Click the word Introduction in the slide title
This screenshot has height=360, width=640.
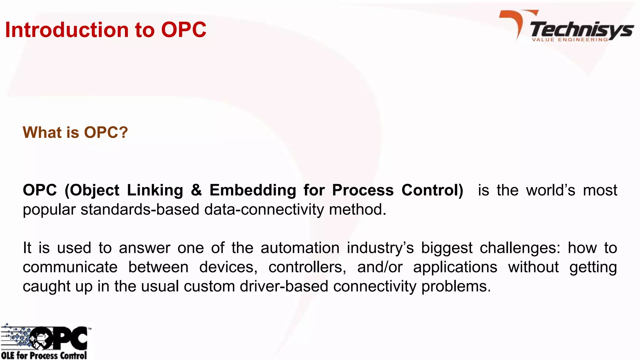(67, 30)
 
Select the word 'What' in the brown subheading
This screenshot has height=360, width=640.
(42, 132)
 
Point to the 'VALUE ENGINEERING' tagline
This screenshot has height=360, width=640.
(570, 40)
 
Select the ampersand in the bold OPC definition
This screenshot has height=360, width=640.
(196, 190)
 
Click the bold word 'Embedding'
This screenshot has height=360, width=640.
(253, 190)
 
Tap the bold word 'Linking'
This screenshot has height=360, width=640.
(155, 190)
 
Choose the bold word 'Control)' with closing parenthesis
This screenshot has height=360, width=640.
(432, 190)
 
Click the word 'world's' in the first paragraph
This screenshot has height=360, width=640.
(551, 190)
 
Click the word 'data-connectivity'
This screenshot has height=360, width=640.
(264, 209)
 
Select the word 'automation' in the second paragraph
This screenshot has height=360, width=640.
(300, 248)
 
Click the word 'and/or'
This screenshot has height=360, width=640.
(380, 267)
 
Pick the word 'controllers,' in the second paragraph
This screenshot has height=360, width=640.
(307, 267)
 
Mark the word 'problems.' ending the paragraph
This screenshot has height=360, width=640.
(456, 286)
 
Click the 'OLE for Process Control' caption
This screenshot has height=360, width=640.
(44, 355)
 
